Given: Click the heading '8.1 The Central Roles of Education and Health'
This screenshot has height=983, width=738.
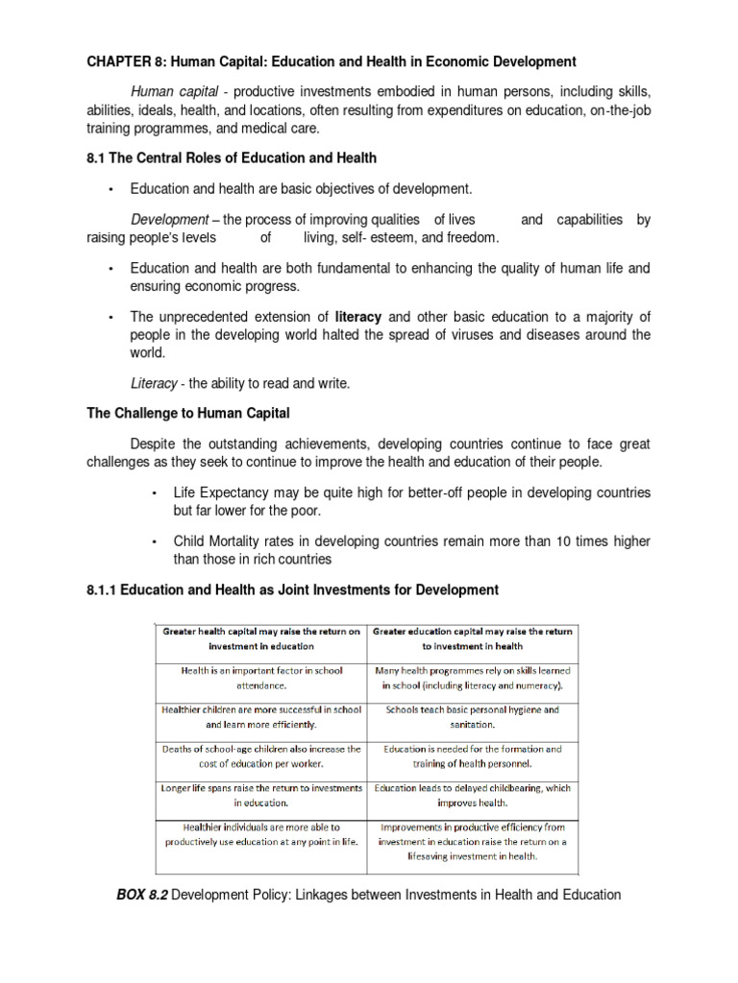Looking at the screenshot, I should coord(232,157).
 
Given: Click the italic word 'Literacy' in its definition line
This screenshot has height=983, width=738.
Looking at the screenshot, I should coord(154,383).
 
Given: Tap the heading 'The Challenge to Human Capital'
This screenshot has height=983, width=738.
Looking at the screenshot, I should coord(189,414).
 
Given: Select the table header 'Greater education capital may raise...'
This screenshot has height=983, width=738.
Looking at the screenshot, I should coord(471,639).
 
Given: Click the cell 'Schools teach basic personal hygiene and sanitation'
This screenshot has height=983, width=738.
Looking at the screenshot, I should coord(471,717).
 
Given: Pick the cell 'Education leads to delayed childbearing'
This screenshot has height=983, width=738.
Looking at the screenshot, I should coord(471,795).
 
